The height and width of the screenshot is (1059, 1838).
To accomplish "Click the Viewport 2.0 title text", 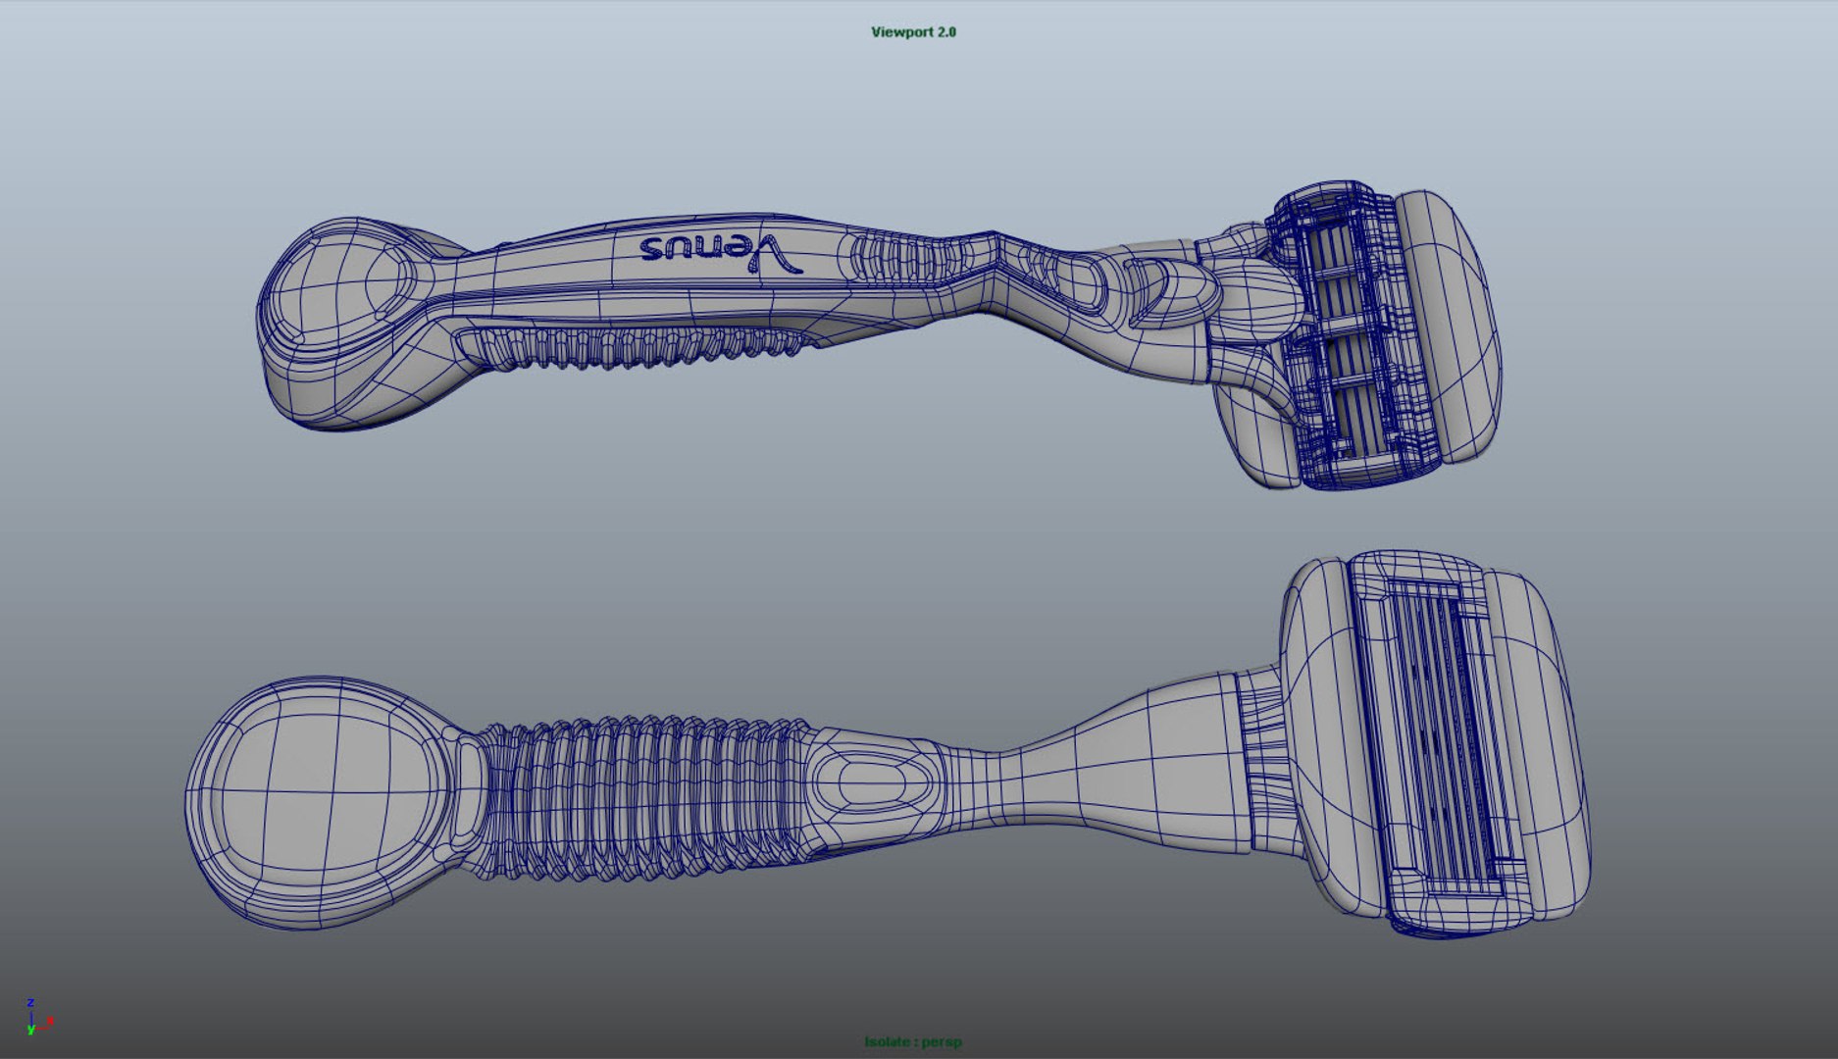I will point(913,31).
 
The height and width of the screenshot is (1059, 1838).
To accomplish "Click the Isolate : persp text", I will point(913,1041).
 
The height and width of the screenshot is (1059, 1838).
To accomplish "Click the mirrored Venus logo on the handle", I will point(721,253).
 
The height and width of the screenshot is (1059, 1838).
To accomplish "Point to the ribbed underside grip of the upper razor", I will point(638,348).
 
